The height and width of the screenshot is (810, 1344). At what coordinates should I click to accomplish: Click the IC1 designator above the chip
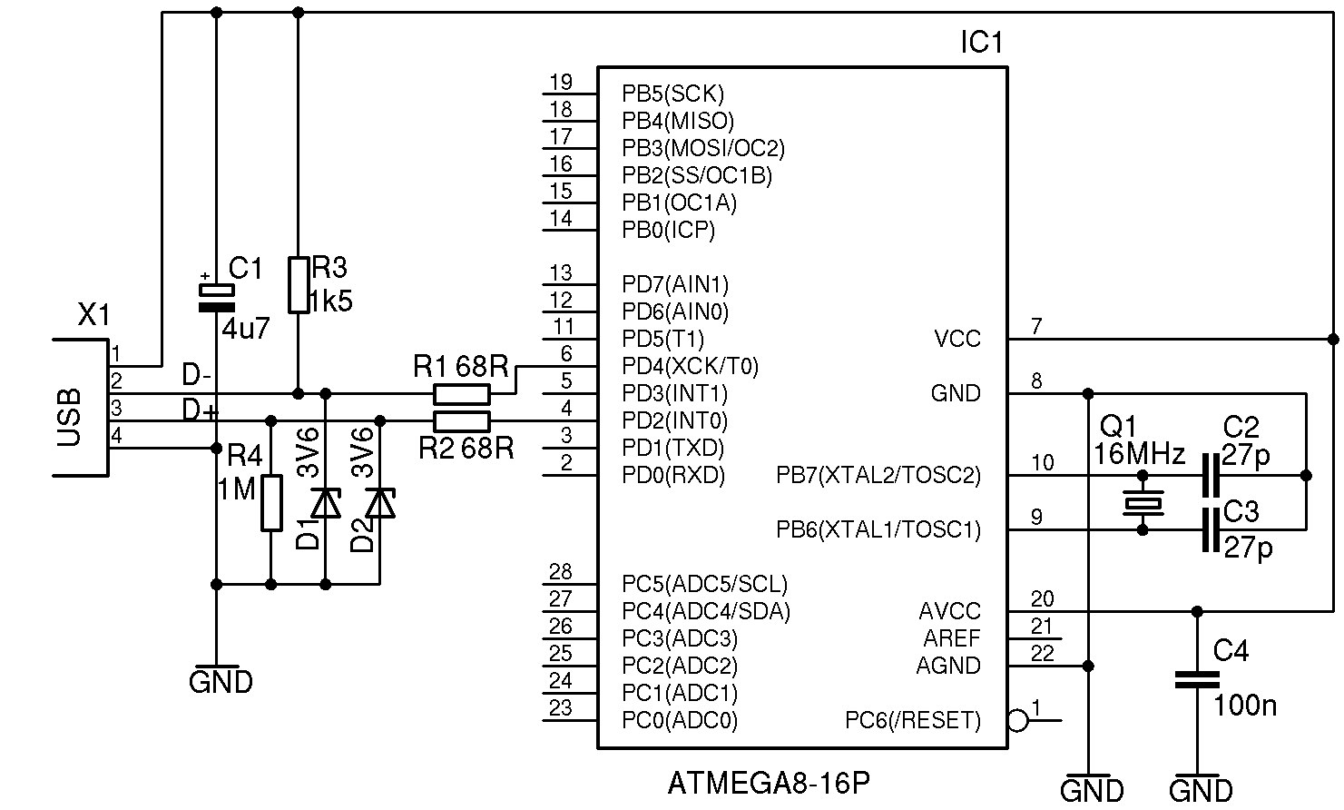click(x=981, y=43)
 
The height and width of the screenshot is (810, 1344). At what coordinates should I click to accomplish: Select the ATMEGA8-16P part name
click(x=769, y=783)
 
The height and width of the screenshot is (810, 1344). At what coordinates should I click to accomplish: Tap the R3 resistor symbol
click(x=299, y=285)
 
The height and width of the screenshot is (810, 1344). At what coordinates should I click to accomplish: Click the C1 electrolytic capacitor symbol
click(x=216, y=297)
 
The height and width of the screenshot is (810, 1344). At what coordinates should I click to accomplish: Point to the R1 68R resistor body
click(x=462, y=394)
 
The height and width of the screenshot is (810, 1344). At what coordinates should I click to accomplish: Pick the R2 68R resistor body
click(x=462, y=421)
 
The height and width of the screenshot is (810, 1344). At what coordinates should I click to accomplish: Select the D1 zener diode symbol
click(x=326, y=502)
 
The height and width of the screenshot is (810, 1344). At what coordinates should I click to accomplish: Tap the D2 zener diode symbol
click(x=380, y=502)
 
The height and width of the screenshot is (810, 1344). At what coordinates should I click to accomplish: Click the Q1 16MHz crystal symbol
click(x=1143, y=502)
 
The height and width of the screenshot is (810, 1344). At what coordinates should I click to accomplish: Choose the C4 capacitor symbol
click(x=1197, y=678)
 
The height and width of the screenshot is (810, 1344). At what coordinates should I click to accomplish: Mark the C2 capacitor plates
click(x=1209, y=475)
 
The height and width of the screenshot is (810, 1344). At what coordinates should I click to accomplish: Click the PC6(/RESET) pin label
click(x=913, y=721)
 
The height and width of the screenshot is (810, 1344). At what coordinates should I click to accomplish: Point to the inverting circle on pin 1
click(x=1018, y=721)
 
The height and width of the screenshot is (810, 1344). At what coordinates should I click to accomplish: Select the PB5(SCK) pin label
click(x=672, y=94)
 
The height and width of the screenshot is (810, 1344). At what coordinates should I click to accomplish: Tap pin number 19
click(x=561, y=83)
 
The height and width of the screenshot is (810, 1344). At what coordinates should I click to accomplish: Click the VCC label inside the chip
click(x=957, y=340)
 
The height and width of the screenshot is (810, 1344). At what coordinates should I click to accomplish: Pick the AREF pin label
click(x=952, y=638)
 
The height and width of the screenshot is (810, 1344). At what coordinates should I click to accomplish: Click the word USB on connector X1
click(x=70, y=419)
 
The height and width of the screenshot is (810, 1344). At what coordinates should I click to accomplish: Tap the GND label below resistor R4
click(x=221, y=681)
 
